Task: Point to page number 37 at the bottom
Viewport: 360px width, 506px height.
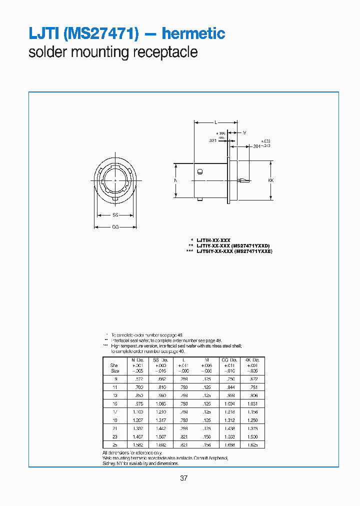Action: tap(183, 478)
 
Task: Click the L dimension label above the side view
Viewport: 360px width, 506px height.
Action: tap(215, 122)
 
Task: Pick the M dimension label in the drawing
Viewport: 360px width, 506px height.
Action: tap(244, 133)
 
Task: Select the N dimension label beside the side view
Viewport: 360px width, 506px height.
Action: tap(176, 180)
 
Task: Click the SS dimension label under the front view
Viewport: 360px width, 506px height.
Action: tap(115, 215)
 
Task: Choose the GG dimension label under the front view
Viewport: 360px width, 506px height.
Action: tap(115, 226)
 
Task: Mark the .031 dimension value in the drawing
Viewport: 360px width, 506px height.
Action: tap(212, 141)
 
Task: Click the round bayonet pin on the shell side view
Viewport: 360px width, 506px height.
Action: tap(199, 172)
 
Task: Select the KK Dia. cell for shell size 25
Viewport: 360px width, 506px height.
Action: tap(251, 444)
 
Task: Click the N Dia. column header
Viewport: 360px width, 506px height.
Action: tap(137, 360)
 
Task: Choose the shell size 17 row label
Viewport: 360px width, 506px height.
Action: tap(114, 411)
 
